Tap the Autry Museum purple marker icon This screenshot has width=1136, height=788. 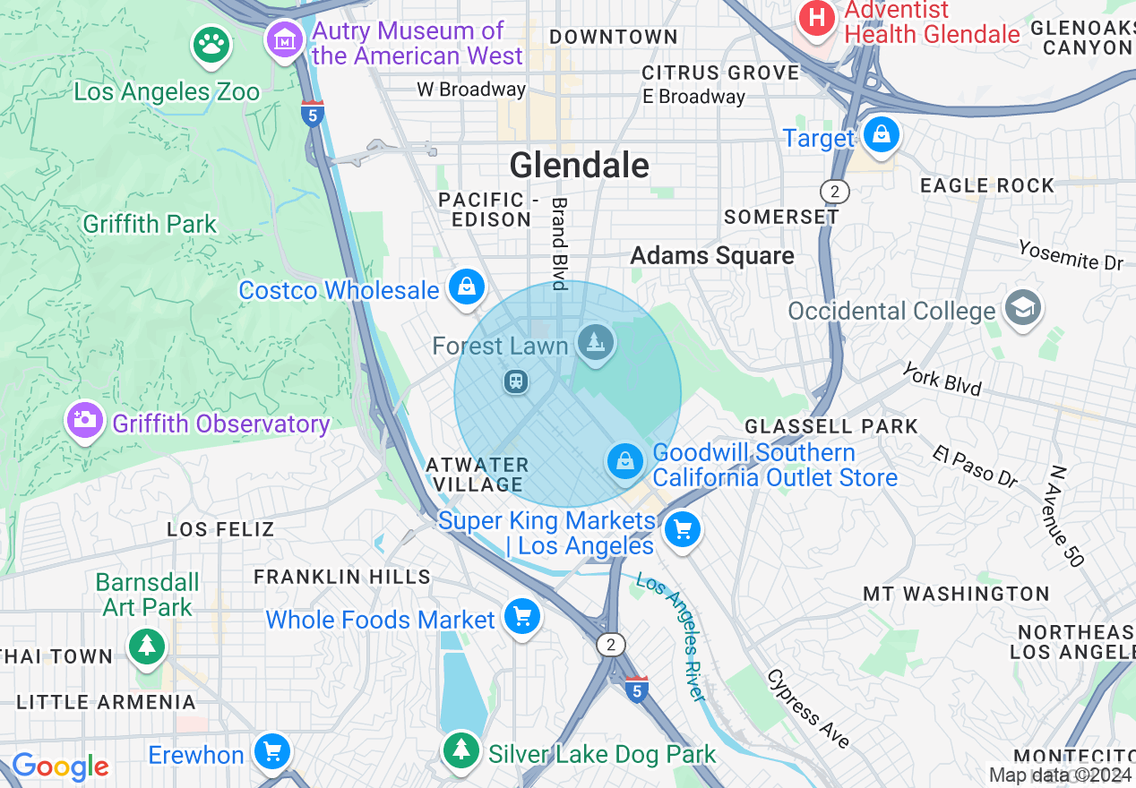[x=285, y=40]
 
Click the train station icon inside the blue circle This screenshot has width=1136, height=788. [x=515, y=382]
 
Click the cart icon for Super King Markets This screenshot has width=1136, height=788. [x=683, y=530]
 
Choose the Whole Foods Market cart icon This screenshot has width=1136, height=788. [x=522, y=617]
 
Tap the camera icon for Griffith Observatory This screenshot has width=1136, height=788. [x=85, y=421]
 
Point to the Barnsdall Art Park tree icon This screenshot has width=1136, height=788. [x=146, y=646]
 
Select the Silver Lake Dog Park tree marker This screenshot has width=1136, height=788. [x=462, y=750]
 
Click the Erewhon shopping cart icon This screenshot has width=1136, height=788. [x=271, y=752]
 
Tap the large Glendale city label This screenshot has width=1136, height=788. [x=579, y=166]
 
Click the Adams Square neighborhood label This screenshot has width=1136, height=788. [x=712, y=256]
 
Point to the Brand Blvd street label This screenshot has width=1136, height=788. [x=559, y=244]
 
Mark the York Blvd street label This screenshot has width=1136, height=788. [x=942, y=379]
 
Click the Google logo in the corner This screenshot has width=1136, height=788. [x=60, y=767]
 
